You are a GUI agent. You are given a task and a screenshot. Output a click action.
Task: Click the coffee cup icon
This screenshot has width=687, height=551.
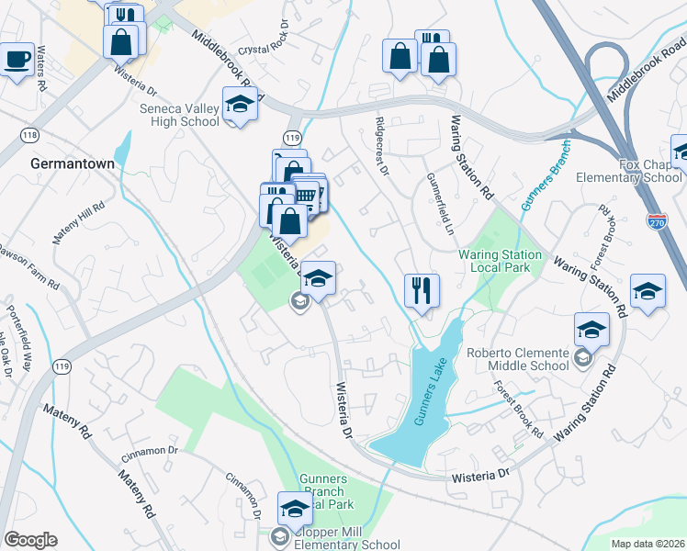coord(17,61)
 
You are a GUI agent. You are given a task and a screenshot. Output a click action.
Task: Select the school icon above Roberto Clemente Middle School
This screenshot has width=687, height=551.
coord(591,328)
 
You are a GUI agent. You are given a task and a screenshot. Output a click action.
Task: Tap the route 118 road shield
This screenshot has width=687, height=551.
coord(29,135)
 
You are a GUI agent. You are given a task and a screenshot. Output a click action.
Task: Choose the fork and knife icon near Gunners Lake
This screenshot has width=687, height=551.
coord(422,290)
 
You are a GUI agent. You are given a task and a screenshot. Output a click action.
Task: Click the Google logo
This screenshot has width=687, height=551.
coord(30,540)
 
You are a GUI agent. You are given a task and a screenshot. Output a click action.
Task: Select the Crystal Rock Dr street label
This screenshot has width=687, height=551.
coord(264,39)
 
